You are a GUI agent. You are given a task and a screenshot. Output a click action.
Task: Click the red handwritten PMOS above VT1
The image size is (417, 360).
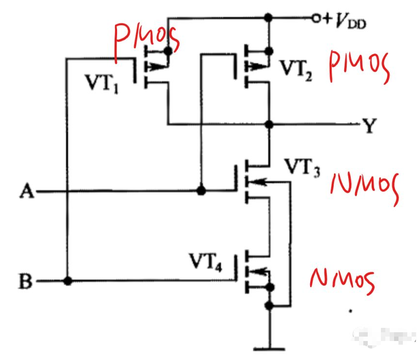tap(147, 41)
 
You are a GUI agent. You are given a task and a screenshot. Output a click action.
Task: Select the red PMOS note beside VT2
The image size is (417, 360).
tap(360, 68)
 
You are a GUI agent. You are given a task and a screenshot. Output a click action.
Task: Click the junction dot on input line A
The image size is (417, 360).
tap(200, 190)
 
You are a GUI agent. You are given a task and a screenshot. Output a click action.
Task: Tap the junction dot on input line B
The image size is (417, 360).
tap(68, 281)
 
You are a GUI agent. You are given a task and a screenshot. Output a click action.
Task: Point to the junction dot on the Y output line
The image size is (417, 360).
tap(268, 125)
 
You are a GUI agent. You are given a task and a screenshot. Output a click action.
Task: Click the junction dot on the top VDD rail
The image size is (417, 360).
tap(267, 18)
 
